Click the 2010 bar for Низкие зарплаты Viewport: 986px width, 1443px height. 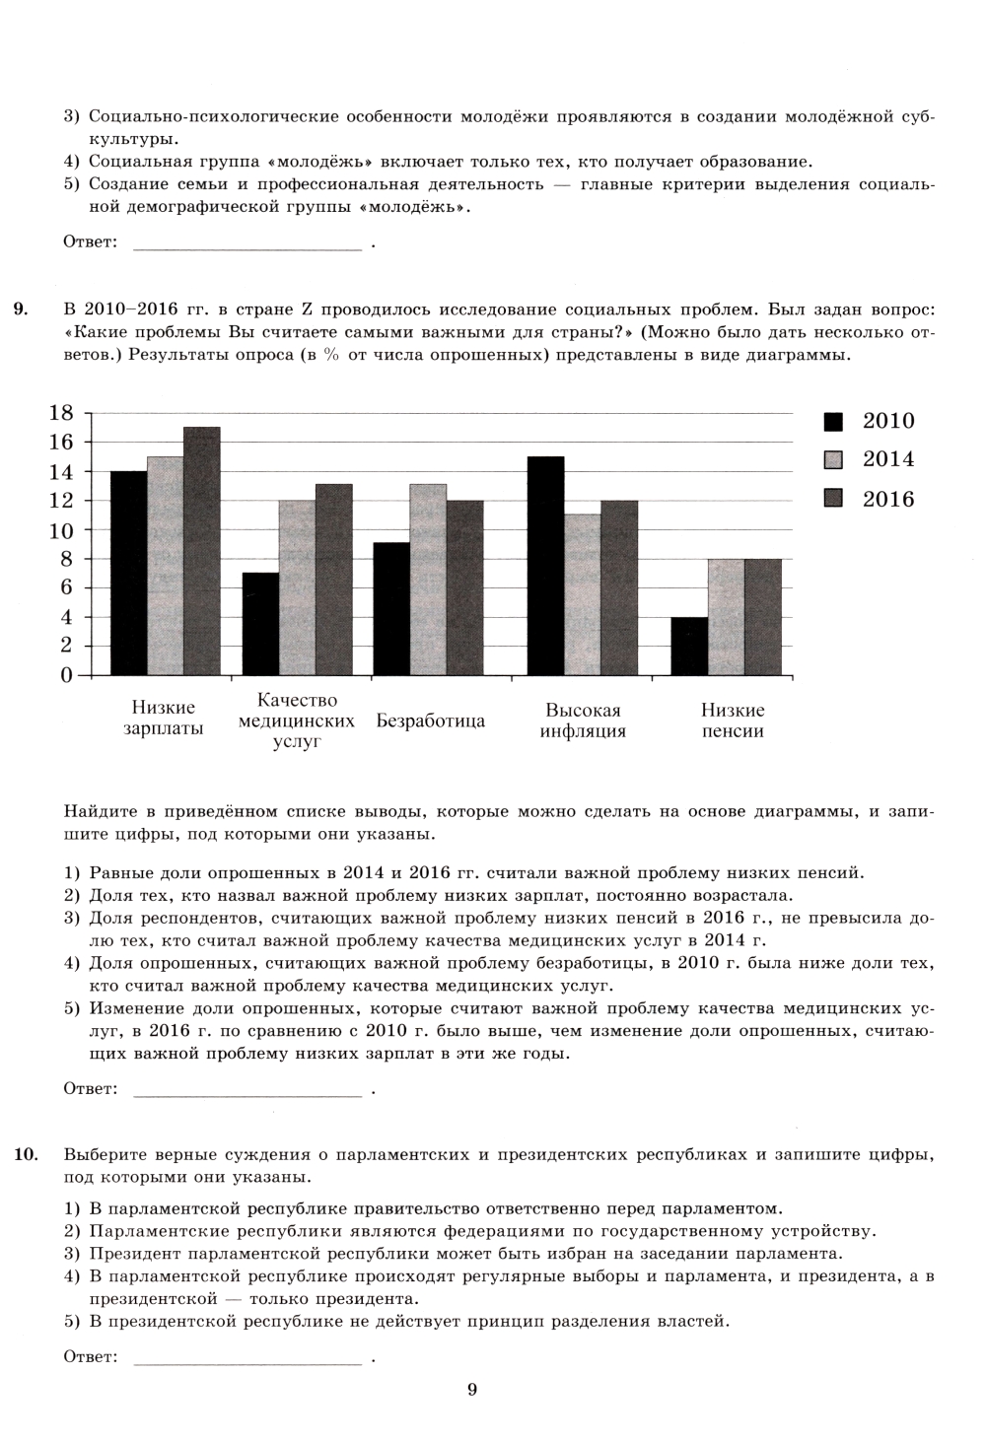[129, 574]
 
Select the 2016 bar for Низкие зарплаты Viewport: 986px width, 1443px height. [202, 552]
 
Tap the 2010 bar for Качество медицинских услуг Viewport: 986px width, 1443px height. [260, 624]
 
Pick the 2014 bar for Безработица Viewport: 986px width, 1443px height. [428, 580]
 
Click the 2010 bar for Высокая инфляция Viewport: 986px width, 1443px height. [546, 566]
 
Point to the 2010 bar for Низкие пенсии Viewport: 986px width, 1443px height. [689, 646]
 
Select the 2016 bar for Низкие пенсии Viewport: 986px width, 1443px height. [762, 617]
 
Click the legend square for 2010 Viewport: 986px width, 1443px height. [833, 422]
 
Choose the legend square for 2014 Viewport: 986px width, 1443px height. [833, 459]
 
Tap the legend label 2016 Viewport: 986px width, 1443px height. [888, 499]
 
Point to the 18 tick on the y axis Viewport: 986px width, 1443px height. [61, 413]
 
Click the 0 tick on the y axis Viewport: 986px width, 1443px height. [67, 675]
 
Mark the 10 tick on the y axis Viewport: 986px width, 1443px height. [61, 529]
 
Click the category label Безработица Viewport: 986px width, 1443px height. [431, 721]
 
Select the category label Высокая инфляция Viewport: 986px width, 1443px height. [583, 721]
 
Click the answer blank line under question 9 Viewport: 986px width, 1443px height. [246, 1093]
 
